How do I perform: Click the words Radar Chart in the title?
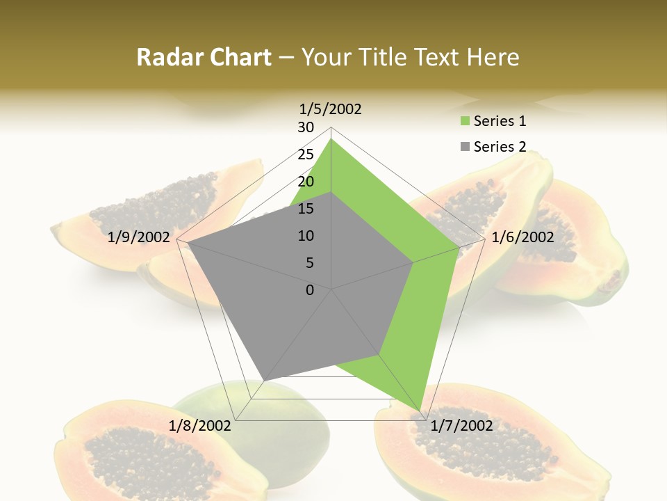coord(204,57)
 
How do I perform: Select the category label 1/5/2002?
coord(331,109)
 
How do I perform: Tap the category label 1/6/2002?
coord(522,237)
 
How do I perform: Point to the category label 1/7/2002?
coord(461,425)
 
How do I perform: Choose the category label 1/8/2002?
coord(200,425)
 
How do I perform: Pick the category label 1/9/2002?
coord(139,237)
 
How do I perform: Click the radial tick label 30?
coord(306,127)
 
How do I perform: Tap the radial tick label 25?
coord(306,154)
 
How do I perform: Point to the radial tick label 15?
coord(306,209)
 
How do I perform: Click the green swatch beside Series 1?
coord(465,122)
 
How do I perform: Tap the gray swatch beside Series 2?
coord(465,147)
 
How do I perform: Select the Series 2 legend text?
coord(500,147)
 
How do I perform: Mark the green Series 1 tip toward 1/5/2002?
coord(331,139)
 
